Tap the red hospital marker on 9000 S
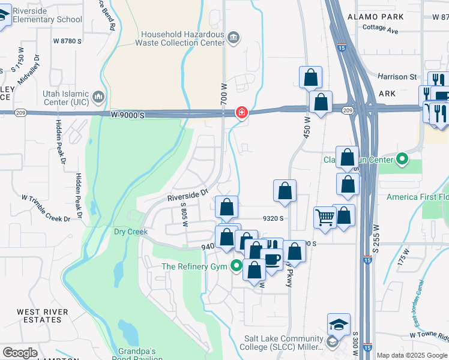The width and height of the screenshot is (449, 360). (242, 112)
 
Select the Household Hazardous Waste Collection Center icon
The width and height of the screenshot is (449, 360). (234, 38)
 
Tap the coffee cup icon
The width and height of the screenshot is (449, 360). (272, 259)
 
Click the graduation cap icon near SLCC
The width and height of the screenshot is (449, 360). (339, 325)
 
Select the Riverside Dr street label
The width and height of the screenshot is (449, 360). (187, 194)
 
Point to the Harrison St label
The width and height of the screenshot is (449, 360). (397, 77)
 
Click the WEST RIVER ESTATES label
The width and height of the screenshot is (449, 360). (39, 316)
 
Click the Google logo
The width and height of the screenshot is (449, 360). (20, 353)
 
